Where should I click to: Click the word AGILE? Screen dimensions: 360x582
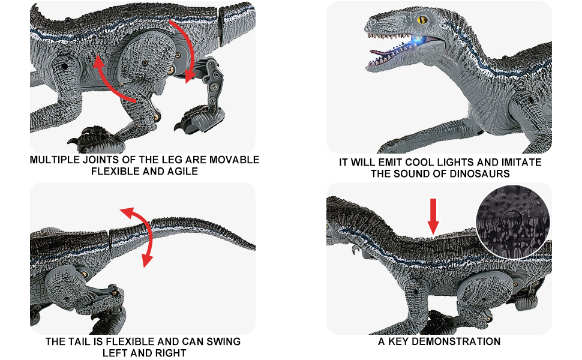(182, 172)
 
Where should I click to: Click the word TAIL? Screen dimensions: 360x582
(79, 341)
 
